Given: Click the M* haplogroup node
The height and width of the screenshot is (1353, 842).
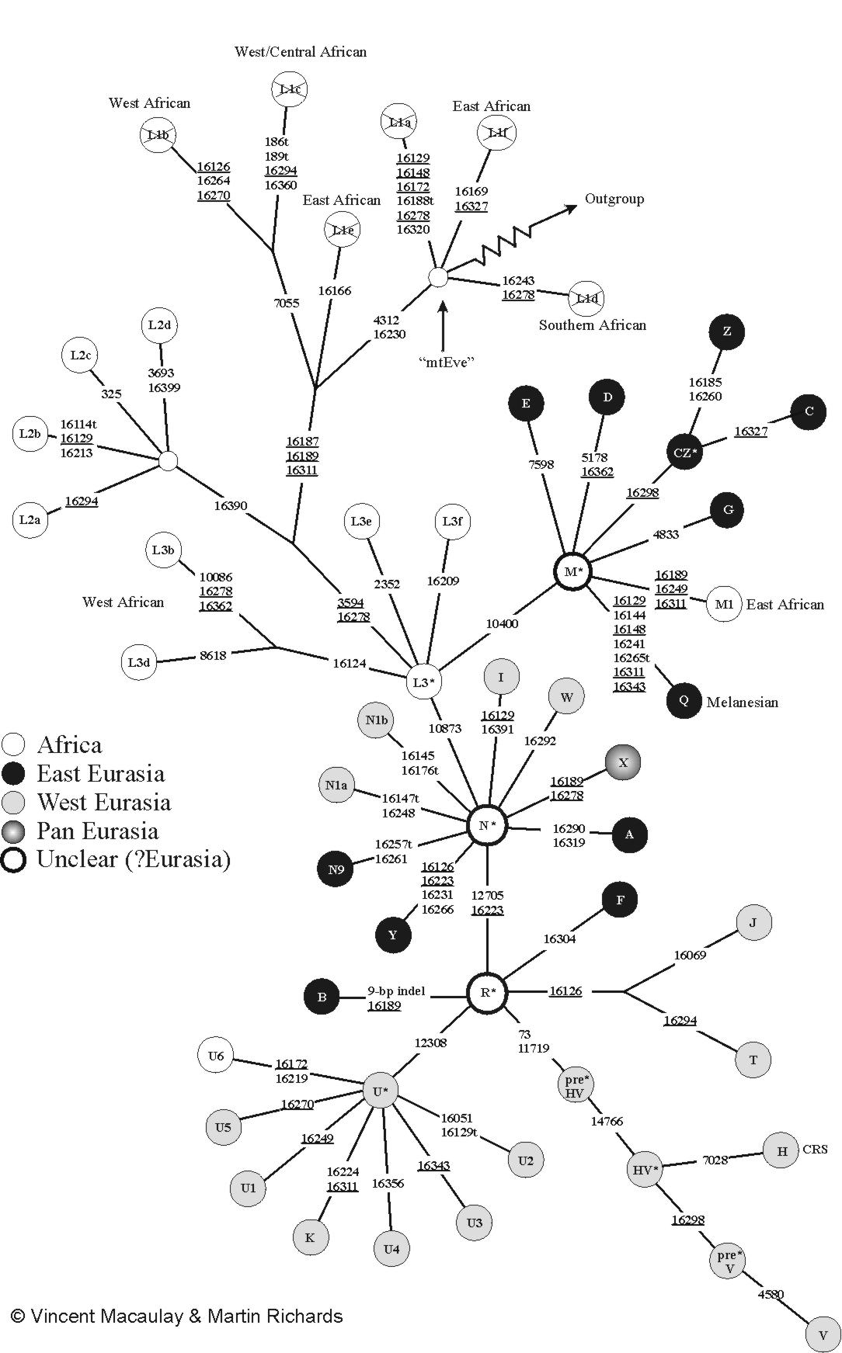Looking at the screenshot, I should tap(573, 572).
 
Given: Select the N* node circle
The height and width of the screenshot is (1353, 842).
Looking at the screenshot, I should tap(487, 825).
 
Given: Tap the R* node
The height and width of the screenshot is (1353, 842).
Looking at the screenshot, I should tap(487, 992).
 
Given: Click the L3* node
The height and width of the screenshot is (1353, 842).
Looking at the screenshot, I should tap(423, 682).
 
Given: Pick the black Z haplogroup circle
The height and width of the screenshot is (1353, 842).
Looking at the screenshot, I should tap(726, 331).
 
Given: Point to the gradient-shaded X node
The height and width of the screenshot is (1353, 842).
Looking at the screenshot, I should tap(622, 762).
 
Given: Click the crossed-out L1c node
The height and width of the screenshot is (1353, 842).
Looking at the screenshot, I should tap(290, 89).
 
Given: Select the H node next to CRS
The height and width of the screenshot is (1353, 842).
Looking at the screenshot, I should tap(781, 1150).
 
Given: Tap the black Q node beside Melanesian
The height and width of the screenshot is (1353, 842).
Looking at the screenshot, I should tap(684, 700).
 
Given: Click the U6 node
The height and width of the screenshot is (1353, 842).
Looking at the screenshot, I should tap(216, 1056).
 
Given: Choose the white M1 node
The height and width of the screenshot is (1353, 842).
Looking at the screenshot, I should tap(723, 605).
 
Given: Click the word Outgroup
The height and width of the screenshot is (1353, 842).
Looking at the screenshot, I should tap(614, 199).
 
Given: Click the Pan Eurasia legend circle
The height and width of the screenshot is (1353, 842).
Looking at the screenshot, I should tap(14, 831).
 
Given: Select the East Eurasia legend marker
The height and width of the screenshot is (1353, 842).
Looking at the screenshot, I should tap(14, 774).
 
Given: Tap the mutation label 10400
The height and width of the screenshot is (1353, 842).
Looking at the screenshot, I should tap(502, 623).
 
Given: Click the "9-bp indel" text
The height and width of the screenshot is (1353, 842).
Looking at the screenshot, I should tap(395, 991).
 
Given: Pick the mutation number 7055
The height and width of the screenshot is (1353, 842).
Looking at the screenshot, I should tap(287, 304).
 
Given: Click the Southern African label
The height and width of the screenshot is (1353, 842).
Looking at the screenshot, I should tap(593, 325).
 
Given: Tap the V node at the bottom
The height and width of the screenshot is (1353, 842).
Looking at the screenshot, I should tap(823, 1335).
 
